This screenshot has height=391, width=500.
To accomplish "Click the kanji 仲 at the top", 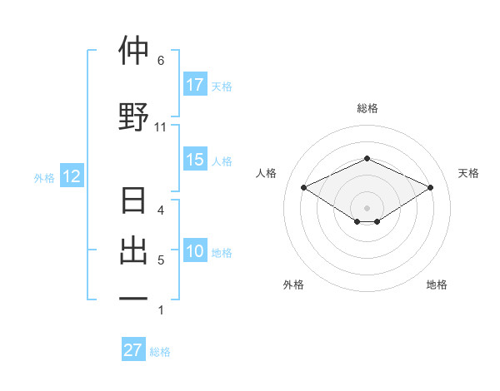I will pos(133,52).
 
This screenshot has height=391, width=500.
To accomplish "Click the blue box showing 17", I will pos(195,85).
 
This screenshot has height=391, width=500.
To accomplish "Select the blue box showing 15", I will pos(195,160).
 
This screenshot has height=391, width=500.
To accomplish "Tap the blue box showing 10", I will pos(195,251).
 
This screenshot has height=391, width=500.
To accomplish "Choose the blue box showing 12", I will pos(71,176).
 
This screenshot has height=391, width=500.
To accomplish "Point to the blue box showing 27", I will pos(133,350).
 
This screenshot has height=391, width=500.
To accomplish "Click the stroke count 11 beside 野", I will pos(161,127).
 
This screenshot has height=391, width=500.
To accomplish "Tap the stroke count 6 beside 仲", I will pos(161,61).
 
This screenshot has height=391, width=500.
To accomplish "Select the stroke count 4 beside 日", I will pos(161,210).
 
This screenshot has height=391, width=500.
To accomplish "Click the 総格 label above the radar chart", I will pos(367,108).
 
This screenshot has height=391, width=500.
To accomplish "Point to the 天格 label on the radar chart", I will pos(468,173).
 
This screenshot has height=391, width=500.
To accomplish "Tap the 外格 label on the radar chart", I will pos(293,285).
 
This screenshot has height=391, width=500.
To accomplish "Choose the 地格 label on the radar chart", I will pos(437,285).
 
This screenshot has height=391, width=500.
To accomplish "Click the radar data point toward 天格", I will pos(430,187).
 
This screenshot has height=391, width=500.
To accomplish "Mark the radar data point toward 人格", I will pos(304,187).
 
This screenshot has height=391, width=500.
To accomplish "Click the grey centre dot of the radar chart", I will pos(367,206).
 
